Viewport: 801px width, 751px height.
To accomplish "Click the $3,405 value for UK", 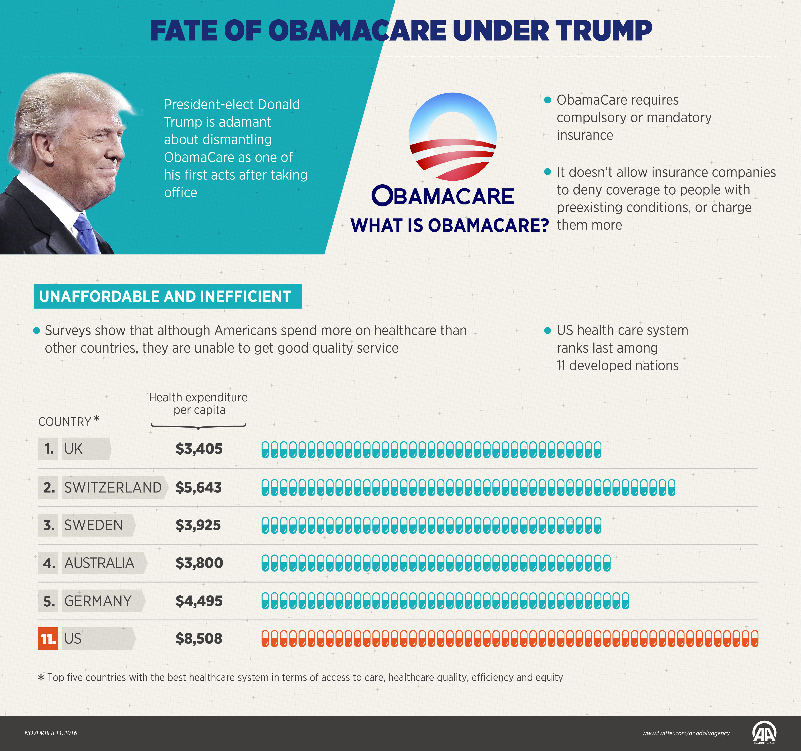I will coord(199,449).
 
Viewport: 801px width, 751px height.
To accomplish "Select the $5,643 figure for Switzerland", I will coord(199,488).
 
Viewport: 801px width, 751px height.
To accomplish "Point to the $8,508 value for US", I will coord(199,639).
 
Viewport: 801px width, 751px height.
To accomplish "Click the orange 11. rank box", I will coord(48,639).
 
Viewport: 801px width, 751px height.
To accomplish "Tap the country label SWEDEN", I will coord(93,525).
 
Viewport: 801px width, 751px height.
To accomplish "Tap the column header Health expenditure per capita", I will coord(198,403).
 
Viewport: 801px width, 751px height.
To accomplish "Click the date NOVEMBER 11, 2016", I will coord(51,733).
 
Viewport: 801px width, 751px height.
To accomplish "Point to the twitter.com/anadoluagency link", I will coord(686,733).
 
